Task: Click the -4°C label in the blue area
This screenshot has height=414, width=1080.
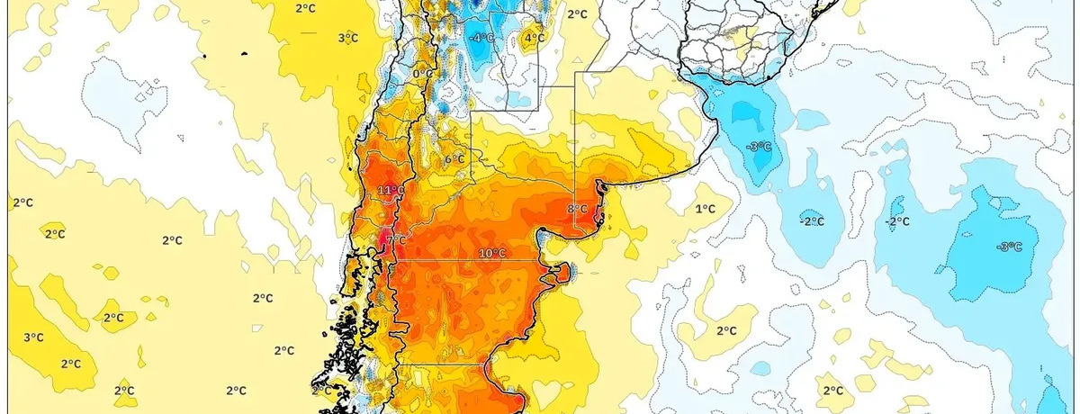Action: tap(482, 38)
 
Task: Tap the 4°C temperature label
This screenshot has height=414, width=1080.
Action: tap(535, 38)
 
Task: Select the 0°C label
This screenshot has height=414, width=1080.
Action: tap(420, 74)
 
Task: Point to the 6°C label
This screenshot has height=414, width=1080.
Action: tap(455, 159)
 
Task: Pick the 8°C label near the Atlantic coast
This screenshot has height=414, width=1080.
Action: tap(577, 210)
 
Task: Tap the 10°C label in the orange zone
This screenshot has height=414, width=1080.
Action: tap(491, 254)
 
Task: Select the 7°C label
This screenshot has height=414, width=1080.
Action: tap(397, 238)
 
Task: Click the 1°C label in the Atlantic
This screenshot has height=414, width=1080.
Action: tap(706, 209)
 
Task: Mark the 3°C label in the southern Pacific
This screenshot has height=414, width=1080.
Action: tap(33, 337)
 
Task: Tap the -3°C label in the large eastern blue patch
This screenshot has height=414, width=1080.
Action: tap(1010, 247)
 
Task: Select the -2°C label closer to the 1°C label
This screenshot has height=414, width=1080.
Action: tap(813, 221)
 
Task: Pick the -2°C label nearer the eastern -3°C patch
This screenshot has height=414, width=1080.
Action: tap(896, 221)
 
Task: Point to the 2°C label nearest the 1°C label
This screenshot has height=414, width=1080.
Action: tap(726, 330)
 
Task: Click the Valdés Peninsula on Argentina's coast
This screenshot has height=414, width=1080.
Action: tap(563, 272)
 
